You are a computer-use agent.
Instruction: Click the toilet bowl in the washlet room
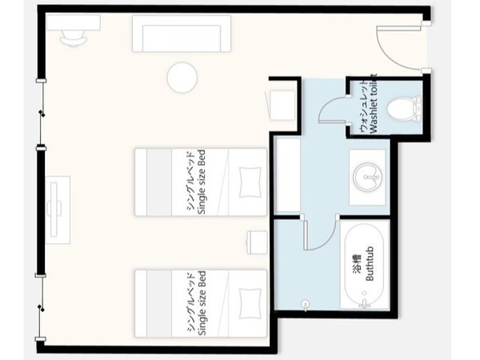click(x=404, y=109)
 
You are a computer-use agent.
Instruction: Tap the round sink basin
click(x=367, y=178)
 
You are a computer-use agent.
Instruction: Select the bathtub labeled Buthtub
click(x=364, y=265)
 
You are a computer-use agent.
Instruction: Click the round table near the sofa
click(x=182, y=78)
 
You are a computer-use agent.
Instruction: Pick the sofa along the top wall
click(x=182, y=34)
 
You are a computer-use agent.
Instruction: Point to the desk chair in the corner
click(x=73, y=38)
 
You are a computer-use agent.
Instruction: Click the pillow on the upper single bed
click(x=250, y=182)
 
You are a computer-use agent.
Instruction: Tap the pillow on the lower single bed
click(x=250, y=303)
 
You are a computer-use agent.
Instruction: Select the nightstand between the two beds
click(x=257, y=242)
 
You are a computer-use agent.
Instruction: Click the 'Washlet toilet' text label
click(x=374, y=103)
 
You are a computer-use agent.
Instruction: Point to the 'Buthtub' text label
click(x=370, y=263)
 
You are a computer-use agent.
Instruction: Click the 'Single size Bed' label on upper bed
click(x=202, y=182)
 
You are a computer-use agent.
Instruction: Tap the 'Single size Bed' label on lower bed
click(x=202, y=303)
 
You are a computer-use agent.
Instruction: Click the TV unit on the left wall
click(x=58, y=210)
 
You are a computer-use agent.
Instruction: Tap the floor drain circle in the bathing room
click(x=306, y=304)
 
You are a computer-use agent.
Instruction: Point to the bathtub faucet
click(x=364, y=302)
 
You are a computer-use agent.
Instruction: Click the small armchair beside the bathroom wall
click(x=281, y=105)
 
